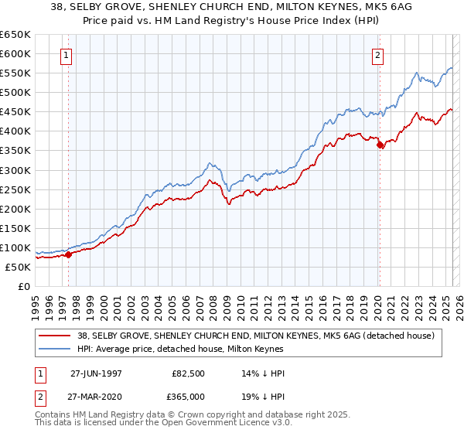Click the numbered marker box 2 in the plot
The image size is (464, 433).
378,55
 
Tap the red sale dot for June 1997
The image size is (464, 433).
68,254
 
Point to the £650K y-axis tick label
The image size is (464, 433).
15,35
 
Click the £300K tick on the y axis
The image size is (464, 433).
15,170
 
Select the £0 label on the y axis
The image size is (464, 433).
23,286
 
